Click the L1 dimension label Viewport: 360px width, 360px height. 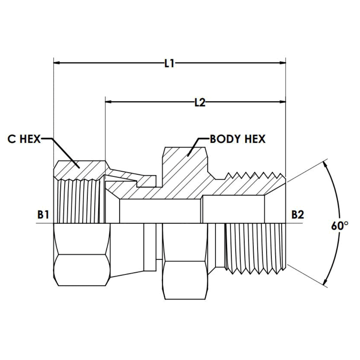pyautogui.click(x=169, y=63)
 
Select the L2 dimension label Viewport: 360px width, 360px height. pyautogui.click(x=200, y=102)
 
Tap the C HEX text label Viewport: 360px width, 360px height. pyautogui.click(x=24, y=139)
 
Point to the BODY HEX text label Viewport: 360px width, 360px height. pyautogui.click(x=238, y=139)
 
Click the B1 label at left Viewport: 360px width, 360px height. pyautogui.click(x=43, y=215)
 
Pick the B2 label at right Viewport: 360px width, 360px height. pyautogui.click(x=298, y=215)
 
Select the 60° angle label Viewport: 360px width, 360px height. pyautogui.click(x=340, y=226)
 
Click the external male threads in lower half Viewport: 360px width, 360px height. pyautogui.click(x=255, y=247)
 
